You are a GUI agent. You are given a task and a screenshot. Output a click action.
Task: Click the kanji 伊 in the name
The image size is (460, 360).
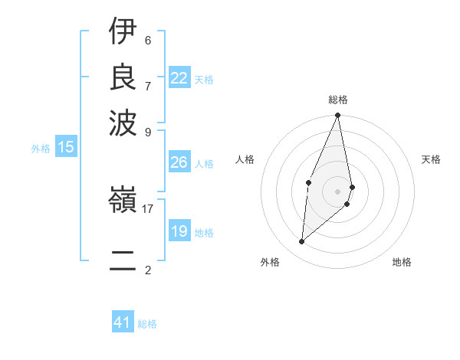123,31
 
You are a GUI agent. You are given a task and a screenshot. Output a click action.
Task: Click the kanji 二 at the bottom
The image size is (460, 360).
123,260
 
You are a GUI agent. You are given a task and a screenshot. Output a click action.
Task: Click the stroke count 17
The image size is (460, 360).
148,208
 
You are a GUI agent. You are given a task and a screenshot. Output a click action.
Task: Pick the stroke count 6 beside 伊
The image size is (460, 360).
148,40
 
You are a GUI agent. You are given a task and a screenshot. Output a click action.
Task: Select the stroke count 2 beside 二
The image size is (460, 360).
148,270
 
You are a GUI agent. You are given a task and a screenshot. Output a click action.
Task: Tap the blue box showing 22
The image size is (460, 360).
179,78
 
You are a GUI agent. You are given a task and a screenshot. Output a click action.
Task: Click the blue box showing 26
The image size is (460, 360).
179,162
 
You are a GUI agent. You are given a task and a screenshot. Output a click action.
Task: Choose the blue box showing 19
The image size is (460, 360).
179,231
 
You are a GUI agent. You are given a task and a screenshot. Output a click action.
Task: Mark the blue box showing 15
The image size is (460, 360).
65,148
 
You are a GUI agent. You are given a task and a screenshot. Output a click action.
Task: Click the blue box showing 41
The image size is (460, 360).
123,322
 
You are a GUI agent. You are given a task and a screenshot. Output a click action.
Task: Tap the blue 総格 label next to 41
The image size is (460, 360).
147,324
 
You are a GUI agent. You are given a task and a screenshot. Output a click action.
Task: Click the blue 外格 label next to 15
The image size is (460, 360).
41,149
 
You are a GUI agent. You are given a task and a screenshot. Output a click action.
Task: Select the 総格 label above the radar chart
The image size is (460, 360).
338,100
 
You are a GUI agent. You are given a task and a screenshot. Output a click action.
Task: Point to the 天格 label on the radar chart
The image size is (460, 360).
432,159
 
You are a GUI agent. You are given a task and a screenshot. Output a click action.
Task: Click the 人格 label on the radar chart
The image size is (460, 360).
245,159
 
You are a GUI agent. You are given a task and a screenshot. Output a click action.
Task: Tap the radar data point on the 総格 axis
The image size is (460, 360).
338,116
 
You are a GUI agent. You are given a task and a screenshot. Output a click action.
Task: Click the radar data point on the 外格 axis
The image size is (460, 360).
302,241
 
